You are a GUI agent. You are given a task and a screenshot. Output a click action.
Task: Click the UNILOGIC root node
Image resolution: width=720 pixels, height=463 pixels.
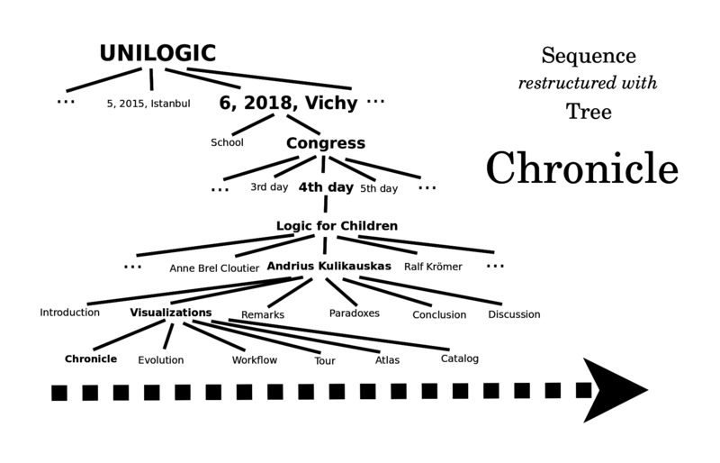pyautogui.click(x=157, y=53)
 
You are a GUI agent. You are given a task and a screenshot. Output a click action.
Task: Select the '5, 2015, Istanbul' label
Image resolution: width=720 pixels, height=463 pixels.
pyautogui.click(x=148, y=104)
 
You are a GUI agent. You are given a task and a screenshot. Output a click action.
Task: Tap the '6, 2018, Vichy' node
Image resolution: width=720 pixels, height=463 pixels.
pyautogui.click(x=288, y=103)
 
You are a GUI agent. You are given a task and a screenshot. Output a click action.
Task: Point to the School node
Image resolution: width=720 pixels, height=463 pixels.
pyautogui.click(x=227, y=142)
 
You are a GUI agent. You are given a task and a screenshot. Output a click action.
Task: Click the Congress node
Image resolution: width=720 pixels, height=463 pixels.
pyautogui.click(x=326, y=143)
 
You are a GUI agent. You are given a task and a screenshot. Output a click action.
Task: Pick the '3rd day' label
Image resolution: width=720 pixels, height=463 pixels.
pyautogui.click(x=269, y=187)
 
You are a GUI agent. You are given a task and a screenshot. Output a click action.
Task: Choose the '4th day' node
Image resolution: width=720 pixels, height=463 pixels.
pyautogui.click(x=326, y=187)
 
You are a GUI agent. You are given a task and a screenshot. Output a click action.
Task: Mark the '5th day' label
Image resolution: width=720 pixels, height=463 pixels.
pyautogui.click(x=379, y=188)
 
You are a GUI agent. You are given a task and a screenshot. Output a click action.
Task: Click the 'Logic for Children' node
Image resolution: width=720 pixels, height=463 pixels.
pyautogui.click(x=337, y=226)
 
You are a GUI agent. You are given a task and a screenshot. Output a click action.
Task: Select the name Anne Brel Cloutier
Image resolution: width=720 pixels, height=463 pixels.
pyautogui.click(x=214, y=268)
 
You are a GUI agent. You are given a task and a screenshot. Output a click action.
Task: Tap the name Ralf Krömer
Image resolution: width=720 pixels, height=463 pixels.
pyautogui.click(x=433, y=267)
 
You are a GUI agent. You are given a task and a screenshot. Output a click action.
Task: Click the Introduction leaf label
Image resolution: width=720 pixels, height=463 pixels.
pyautogui.click(x=69, y=313)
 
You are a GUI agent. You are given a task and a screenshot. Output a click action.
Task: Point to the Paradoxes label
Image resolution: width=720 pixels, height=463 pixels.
pyautogui.click(x=354, y=313)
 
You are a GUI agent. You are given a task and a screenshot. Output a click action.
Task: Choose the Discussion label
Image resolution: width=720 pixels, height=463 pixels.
pyautogui.click(x=514, y=314)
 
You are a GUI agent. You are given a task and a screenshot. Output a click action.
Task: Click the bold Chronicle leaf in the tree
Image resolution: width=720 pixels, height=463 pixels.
pyautogui.click(x=91, y=359)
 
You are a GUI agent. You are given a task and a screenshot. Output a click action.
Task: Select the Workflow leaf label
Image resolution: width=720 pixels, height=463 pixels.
pyautogui.click(x=255, y=360)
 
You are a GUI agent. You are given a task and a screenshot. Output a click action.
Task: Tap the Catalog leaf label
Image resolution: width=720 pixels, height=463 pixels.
pyautogui.click(x=459, y=359)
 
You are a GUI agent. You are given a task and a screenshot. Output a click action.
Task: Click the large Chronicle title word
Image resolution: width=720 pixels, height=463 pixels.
pyautogui.click(x=581, y=168)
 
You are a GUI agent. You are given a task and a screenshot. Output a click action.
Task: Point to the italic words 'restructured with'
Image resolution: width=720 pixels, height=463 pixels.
pyautogui.click(x=588, y=83)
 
